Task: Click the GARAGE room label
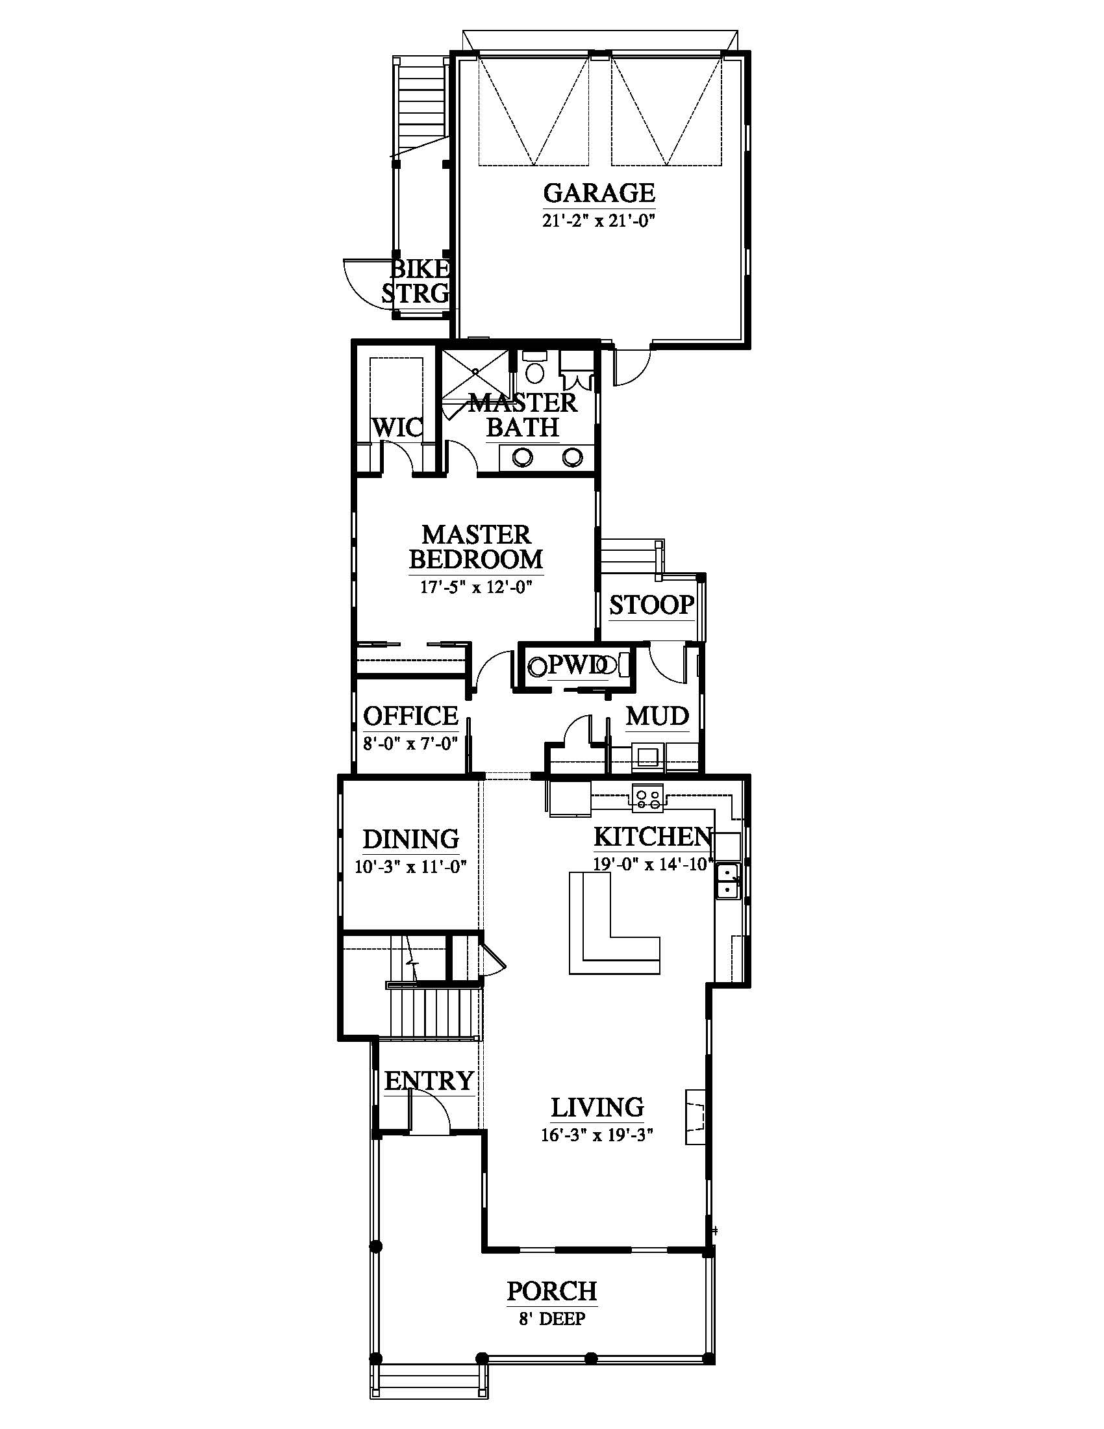point(599,193)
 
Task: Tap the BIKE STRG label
point(418,281)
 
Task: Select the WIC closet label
point(397,428)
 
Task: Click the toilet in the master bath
point(534,368)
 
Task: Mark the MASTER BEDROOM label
point(476,547)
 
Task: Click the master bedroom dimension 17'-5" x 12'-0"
point(476,587)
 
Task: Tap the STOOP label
point(651,605)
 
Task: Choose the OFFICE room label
point(410,716)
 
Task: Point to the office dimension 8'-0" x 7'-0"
point(410,743)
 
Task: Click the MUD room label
point(657,716)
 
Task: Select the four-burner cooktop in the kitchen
point(647,798)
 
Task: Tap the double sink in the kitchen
point(728,881)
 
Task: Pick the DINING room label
point(410,839)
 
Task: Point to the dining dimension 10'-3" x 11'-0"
point(410,867)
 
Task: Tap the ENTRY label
point(429,1080)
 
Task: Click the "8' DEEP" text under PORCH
point(552,1319)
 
